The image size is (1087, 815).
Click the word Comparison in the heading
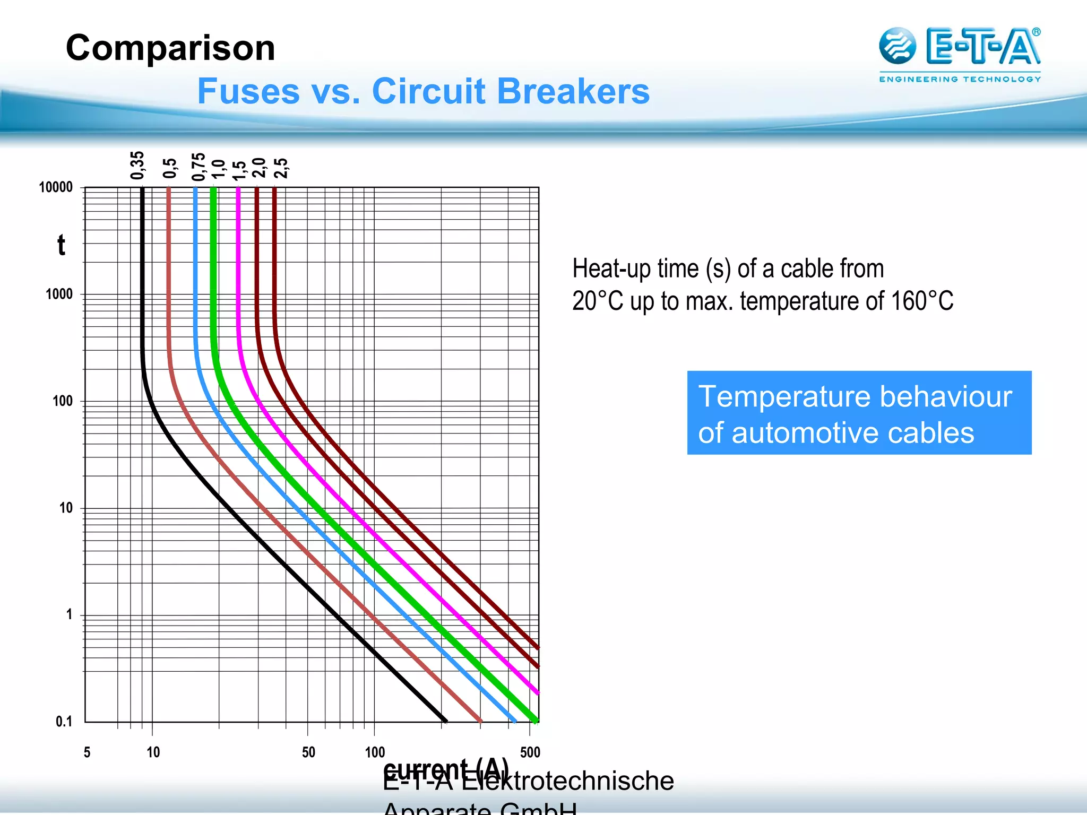click(170, 48)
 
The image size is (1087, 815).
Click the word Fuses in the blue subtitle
click(248, 91)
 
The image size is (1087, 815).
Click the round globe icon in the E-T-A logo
click(897, 46)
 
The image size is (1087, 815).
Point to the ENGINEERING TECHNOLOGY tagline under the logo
click(960, 80)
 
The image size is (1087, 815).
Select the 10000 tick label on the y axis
click(56, 187)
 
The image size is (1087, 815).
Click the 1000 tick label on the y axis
click(59, 294)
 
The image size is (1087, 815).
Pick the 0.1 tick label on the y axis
click(64, 722)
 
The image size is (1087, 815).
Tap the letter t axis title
click(62, 246)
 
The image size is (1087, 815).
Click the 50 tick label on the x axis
click(308, 752)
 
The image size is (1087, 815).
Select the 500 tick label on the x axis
click(530, 752)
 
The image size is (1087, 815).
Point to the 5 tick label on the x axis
click(87, 752)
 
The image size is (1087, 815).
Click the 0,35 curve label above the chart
click(137, 166)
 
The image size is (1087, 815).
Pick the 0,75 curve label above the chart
click(199, 167)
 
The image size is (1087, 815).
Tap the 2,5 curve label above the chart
click(281, 168)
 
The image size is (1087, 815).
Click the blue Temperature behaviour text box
click(859, 413)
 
